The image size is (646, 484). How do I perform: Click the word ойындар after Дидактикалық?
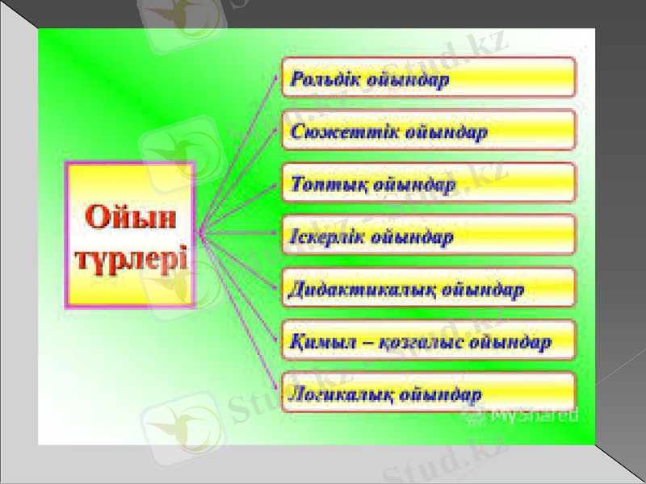[484, 290]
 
